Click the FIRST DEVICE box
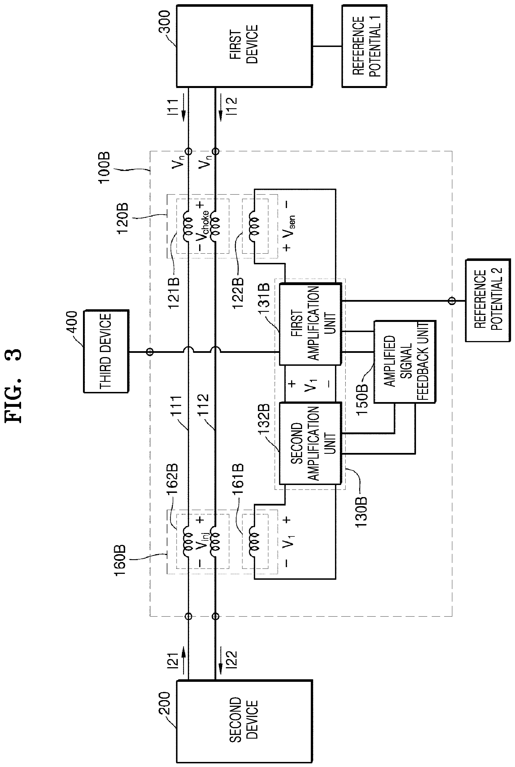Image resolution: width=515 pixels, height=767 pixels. tap(244, 46)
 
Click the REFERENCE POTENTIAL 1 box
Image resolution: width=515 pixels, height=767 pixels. tap(364, 46)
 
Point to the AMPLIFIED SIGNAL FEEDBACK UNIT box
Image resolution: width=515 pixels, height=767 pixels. tap(405, 362)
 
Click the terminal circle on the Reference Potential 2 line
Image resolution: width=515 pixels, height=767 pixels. tap(452, 301)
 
